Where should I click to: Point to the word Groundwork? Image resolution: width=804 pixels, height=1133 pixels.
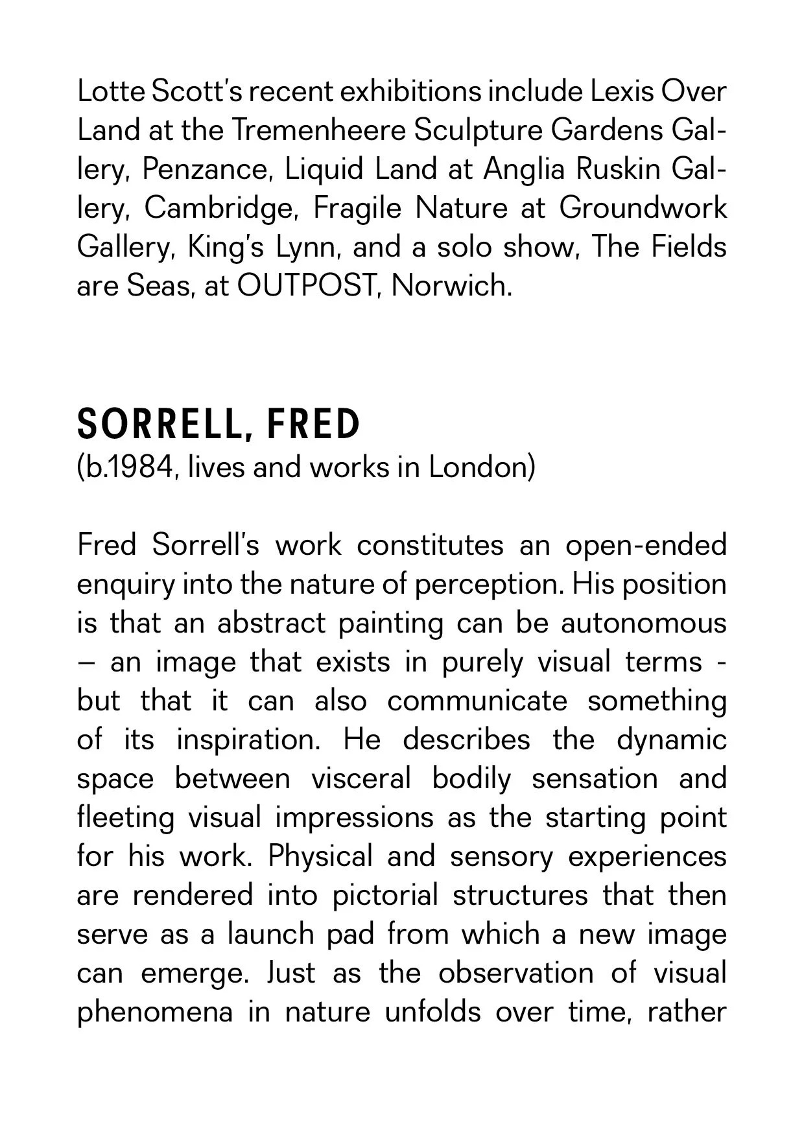(643, 208)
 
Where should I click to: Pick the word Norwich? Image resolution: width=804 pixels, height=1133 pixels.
(451, 286)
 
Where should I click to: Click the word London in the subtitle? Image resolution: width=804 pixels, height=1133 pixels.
(482, 467)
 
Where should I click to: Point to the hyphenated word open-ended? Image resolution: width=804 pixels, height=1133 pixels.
(646, 545)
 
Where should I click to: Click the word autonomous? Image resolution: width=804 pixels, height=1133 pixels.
(644, 623)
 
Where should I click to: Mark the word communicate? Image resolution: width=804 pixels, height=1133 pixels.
(477, 701)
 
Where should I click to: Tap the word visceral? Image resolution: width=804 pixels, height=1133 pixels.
(361, 778)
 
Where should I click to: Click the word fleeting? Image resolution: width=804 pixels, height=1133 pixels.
(126, 818)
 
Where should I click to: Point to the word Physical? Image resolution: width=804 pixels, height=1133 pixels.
(320, 857)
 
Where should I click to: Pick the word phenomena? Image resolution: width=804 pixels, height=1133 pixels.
(154, 1012)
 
